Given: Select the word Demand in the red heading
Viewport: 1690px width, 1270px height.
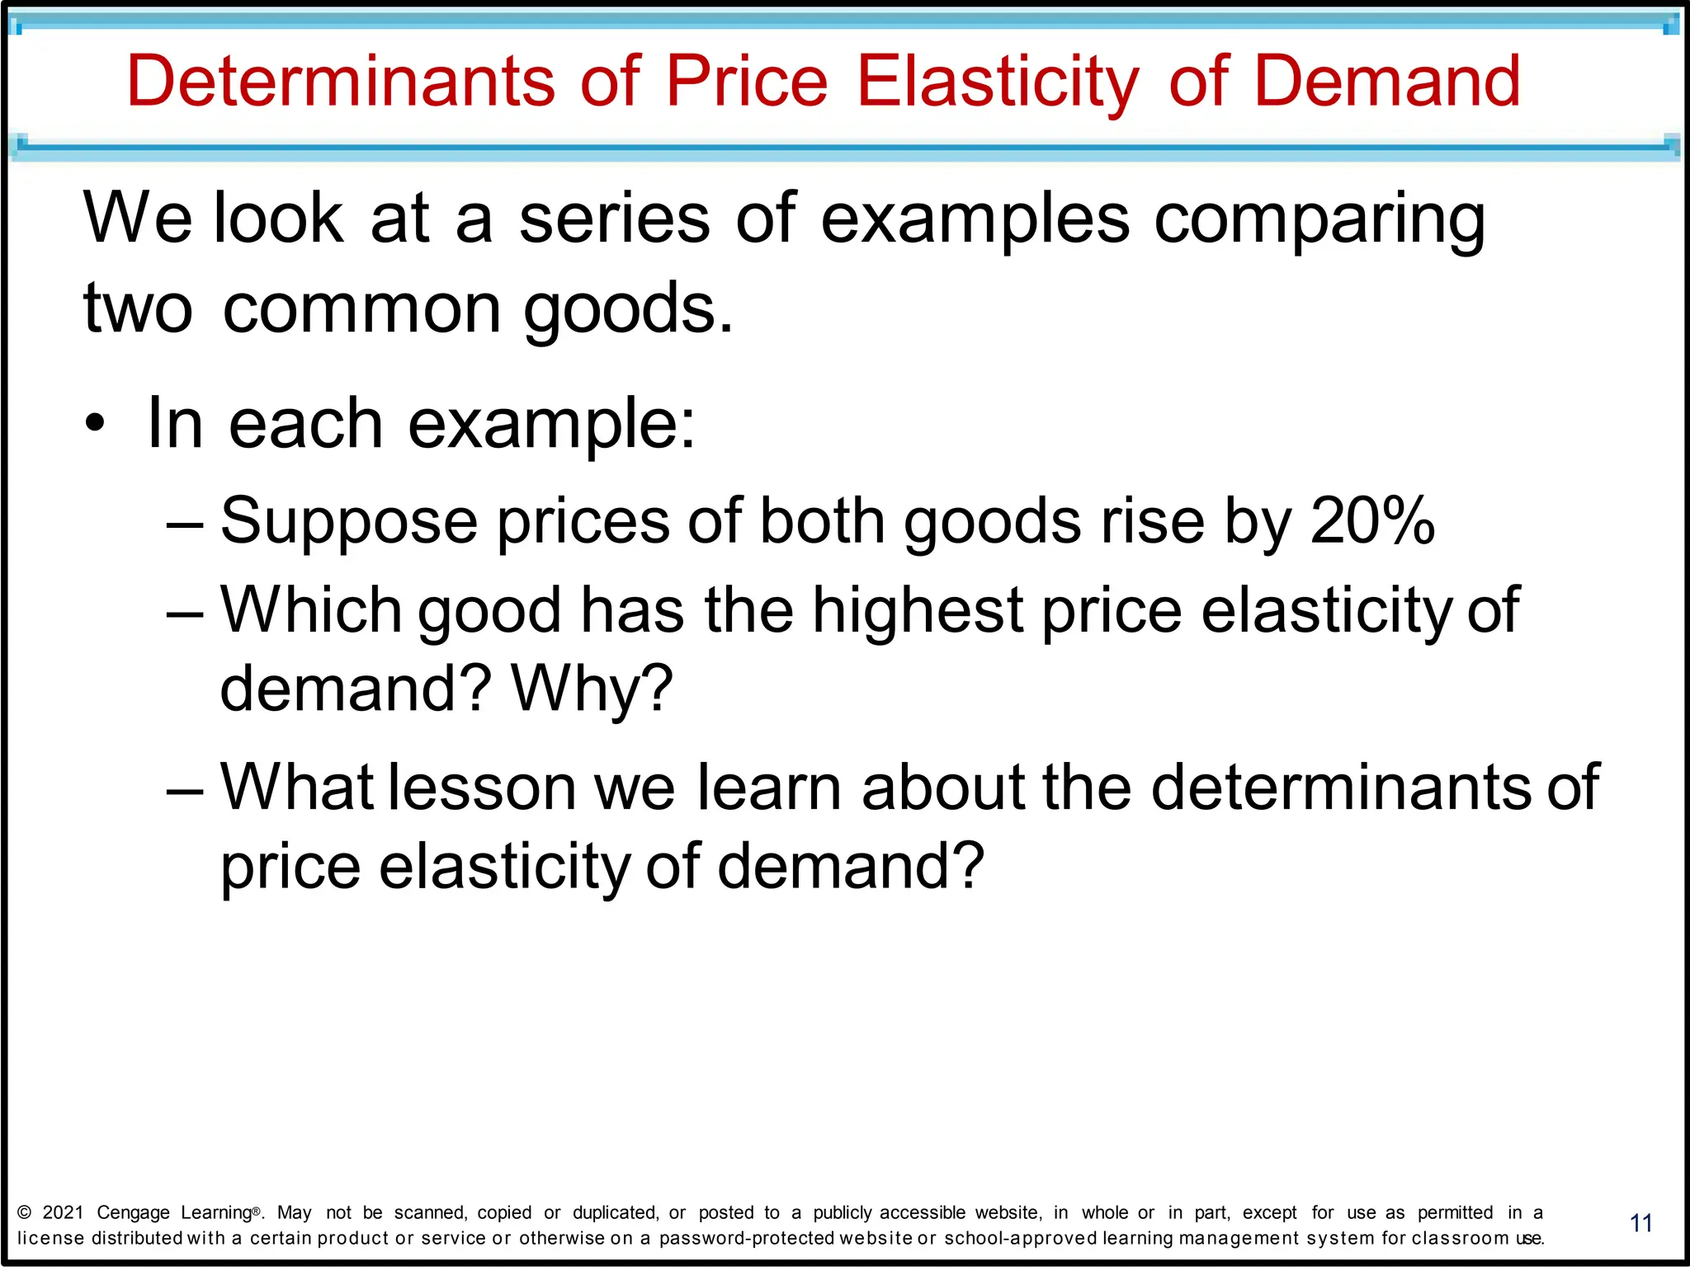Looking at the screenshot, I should [x=1386, y=81].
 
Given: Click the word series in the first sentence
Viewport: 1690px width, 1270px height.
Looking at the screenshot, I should [x=614, y=219].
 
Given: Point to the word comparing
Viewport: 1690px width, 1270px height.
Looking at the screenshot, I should [x=1319, y=220].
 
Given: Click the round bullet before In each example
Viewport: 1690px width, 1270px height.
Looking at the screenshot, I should [x=96, y=423].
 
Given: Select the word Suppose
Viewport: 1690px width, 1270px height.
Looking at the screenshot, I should [x=349, y=522].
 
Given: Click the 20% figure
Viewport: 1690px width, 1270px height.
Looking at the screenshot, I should [x=1372, y=520].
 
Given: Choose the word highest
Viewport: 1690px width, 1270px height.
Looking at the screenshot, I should [x=918, y=610].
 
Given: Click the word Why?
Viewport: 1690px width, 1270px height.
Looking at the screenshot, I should [x=592, y=689].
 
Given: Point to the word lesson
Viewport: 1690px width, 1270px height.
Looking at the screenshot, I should [x=482, y=787].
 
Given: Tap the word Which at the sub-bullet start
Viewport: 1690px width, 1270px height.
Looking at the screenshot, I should [x=311, y=610].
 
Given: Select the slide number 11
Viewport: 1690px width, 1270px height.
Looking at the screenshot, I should [x=1641, y=1223].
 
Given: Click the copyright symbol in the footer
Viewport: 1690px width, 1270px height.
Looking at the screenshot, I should [x=25, y=1212].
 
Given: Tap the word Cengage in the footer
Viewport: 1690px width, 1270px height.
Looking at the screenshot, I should [x=133, y=1213].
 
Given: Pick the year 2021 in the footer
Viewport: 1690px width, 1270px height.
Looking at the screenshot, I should [x=64, y=1212].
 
